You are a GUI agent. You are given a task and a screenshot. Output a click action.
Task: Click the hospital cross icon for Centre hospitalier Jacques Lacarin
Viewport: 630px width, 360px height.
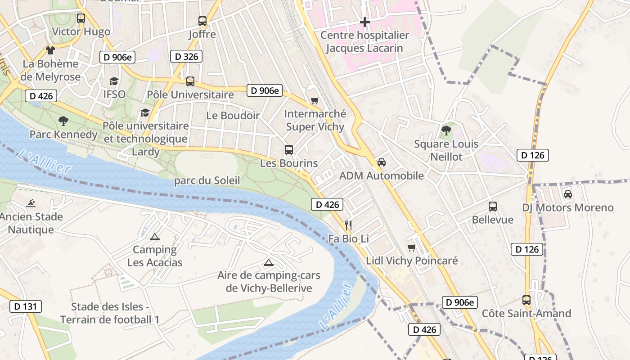pos(365,22)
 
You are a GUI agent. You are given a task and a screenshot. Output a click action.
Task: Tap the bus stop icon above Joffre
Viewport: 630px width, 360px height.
pos(202,21)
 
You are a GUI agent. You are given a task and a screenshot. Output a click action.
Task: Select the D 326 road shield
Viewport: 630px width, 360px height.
pos(186,56)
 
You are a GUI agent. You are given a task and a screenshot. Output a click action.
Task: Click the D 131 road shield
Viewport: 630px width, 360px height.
pos(26,306)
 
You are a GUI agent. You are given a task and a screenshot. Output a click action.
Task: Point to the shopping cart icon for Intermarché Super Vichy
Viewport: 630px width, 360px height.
pos(315,100)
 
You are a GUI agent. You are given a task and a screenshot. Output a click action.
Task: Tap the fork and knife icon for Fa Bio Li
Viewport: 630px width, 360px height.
pos(348,225)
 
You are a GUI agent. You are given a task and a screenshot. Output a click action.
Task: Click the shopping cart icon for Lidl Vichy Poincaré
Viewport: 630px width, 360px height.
pos(411,247)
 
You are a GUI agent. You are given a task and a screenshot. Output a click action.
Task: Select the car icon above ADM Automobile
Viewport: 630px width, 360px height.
pos(382,162)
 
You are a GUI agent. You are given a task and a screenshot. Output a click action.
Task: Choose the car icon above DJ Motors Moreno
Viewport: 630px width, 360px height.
pos(568,194)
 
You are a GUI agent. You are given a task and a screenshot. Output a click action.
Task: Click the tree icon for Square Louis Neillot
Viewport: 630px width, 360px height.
pos(446,130)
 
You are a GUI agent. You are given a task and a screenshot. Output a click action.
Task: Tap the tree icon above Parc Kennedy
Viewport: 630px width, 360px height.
pos(63,121)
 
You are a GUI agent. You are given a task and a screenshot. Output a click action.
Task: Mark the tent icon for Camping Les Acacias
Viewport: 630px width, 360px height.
pos(155,236)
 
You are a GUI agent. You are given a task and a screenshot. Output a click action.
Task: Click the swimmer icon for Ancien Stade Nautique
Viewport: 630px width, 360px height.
pos(31,203)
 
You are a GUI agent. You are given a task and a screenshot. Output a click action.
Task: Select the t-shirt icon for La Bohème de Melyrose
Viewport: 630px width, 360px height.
pos(50,50)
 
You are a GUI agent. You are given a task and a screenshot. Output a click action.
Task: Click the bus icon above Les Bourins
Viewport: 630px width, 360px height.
pos(289,149)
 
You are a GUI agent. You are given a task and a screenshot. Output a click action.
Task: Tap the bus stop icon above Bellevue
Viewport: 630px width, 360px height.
pos(493,206)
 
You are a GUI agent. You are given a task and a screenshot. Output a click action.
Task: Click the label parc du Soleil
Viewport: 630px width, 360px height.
pos(207,180)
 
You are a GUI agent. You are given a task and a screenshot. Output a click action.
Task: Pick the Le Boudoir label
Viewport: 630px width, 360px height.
pos(233,115)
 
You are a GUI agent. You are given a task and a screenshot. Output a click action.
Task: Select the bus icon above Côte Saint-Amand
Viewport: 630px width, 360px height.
pos(526,300)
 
